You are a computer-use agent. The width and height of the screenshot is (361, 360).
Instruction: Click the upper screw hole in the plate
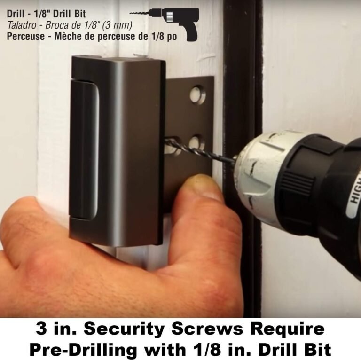tap(197, 94)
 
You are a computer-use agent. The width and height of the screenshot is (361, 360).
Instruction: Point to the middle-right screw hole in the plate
tap(196, 142)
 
